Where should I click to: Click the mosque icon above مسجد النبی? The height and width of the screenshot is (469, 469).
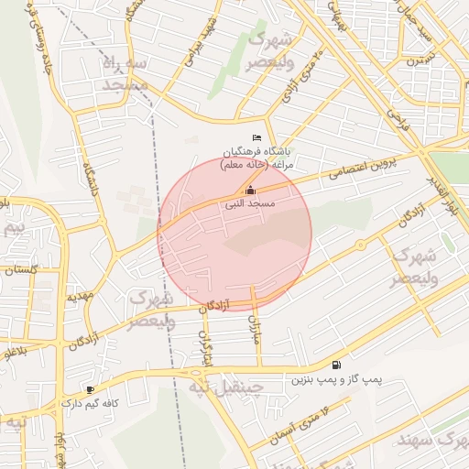[x=251, y=191]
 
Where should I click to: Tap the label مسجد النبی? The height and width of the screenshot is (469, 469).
[x=251, y=205]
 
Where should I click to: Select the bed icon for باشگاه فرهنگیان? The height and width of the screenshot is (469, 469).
[x=256, y=137]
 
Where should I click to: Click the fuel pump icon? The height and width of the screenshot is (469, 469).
[x=336, y=365]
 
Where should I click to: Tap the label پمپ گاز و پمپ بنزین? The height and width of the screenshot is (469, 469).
[x=336, y=378]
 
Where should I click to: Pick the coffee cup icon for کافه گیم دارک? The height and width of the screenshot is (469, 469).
[x=89, y=389]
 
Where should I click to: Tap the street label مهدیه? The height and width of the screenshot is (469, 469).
[x=81, y=298]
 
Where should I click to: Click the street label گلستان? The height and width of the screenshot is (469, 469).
[x=20, y=270]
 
